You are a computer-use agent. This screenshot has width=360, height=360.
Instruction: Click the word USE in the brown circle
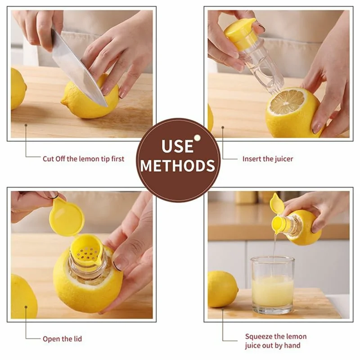178,146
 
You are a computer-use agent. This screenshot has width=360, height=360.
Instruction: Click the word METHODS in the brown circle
178,165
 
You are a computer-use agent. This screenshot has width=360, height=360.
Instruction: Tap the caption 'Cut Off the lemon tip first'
83,159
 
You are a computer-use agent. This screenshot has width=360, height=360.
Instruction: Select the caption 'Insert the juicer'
267,159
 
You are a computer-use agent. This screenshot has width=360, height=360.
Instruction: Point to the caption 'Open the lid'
62,339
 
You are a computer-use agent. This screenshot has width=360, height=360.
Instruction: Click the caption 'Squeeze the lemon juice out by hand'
275,341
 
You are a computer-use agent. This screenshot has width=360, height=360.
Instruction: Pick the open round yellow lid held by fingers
67,218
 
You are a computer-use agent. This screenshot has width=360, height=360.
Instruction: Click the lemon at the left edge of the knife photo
18,88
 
